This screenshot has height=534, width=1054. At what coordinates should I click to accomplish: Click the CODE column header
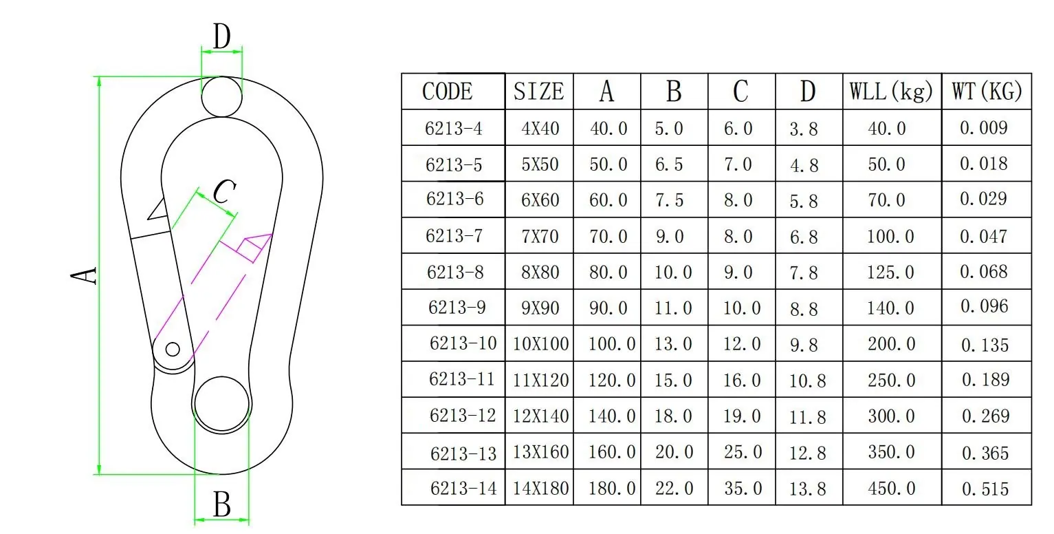tap(447, 92)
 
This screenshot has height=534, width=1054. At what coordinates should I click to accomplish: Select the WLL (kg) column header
tap(891, 92)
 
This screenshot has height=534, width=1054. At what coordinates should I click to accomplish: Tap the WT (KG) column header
tap(987, 92)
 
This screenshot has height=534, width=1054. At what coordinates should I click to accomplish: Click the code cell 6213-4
tap(454, 128)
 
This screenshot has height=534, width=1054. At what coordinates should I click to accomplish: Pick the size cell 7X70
tap(540, 236)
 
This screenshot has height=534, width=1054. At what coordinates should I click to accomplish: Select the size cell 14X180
tap(540, 489)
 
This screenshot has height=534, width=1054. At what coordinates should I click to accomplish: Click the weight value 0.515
tap(985, 489)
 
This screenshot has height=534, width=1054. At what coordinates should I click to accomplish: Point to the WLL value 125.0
tap(890, 273)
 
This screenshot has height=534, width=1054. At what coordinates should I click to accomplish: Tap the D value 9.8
tap(804, 345)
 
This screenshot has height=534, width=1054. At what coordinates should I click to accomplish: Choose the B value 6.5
tap(668, 164)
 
